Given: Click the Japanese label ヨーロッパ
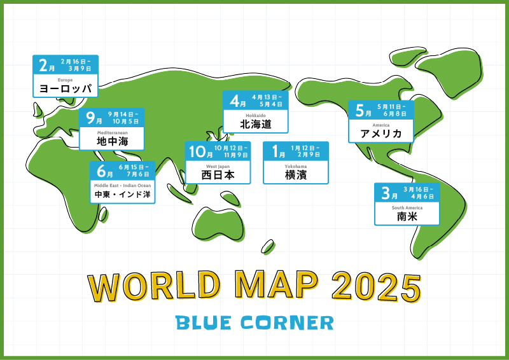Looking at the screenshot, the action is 66,88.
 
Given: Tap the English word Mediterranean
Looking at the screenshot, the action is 113,133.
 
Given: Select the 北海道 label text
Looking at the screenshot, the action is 256,124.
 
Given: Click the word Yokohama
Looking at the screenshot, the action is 295,167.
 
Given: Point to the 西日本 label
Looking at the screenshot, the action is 218,175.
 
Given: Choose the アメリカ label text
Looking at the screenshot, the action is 380,134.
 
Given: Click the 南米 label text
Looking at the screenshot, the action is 407,216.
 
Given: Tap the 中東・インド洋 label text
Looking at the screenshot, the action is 122,195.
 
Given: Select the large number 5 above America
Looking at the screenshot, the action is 359,111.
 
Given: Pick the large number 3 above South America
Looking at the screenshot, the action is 386,193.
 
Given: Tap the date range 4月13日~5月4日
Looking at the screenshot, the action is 267,100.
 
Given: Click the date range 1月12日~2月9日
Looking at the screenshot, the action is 305,151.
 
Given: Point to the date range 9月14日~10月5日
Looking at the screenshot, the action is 123,118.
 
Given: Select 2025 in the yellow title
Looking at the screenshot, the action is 377,286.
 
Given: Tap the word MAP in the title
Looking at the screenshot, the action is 277,286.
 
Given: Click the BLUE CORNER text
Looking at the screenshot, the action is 254,322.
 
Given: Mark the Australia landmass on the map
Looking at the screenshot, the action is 218,224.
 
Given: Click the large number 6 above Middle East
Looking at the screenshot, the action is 101,170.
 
